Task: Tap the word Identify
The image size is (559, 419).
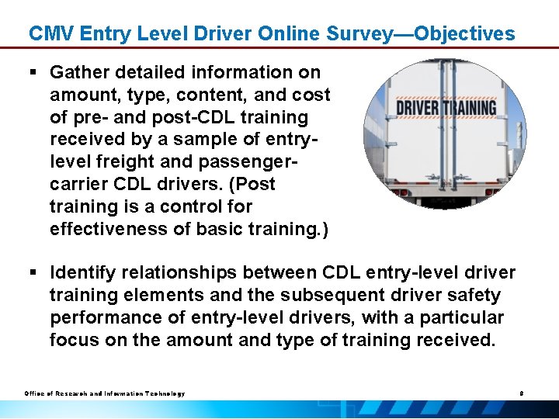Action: [x=81, y=273]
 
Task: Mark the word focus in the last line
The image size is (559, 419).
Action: [x=72, y=340]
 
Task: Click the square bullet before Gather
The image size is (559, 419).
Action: [x=33, y=73]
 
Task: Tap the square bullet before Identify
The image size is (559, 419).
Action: [x=33, y=273]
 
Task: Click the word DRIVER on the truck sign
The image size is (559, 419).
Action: [x=418, y=107]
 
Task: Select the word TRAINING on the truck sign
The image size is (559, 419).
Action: [x=468, y=107]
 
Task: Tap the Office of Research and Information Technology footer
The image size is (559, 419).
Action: [x=104, y=393]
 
